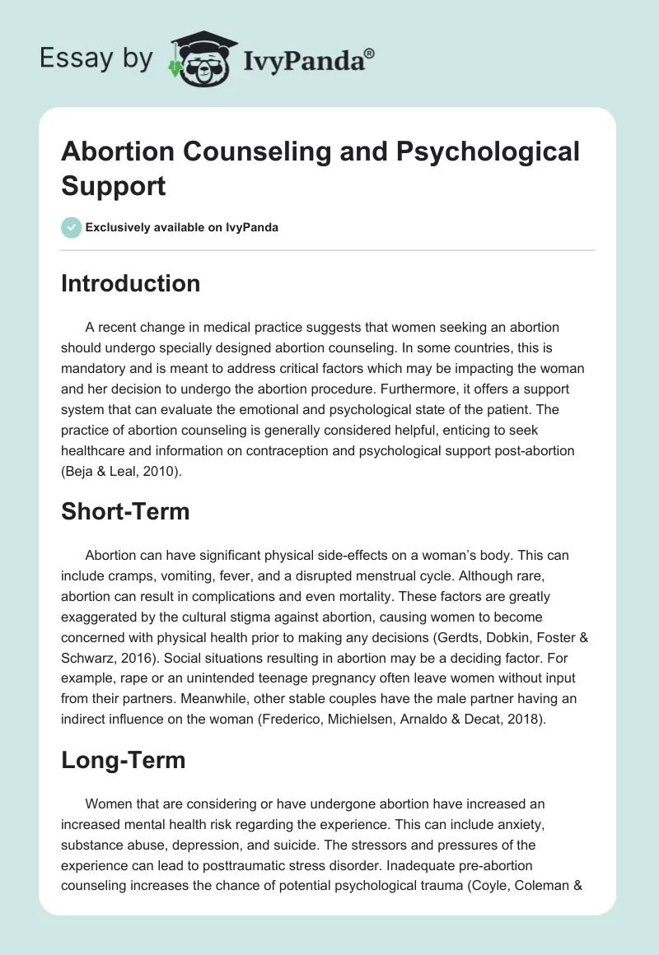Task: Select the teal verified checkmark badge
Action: pos(72,227)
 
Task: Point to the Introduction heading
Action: pos(130,283)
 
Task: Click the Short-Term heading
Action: pos(125,511)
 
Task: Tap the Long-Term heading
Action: pos(123,761)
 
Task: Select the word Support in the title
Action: pos(113,185)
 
